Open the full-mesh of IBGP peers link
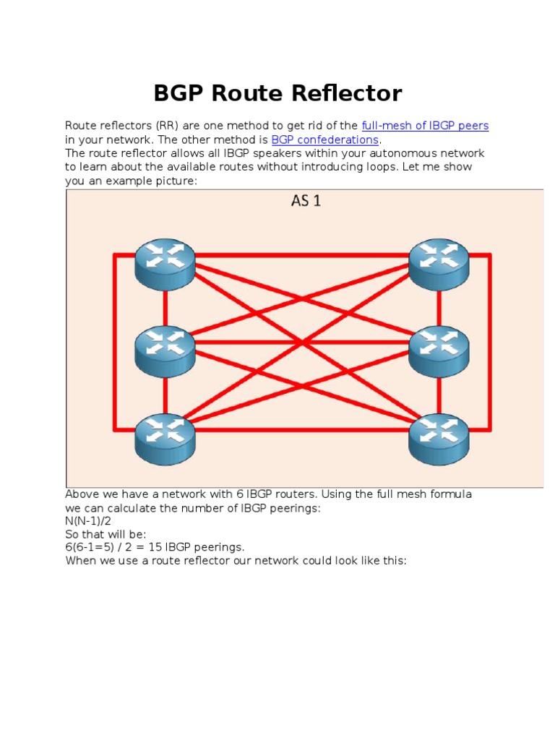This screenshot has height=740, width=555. click(x=425, y=126)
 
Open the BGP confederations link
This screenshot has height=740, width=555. click(x=324, y=139)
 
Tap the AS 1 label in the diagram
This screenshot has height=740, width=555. click(x=306, y=201)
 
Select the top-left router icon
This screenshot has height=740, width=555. click(x=165, y=264)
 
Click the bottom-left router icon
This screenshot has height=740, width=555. click(x=165, y=438)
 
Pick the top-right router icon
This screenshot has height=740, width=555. click(x=439, y=264)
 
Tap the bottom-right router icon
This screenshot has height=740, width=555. click(x=439, y=438)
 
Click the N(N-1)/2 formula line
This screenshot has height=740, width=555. click(x=88, y=521)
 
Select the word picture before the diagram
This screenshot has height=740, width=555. click(x=173, y=181)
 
